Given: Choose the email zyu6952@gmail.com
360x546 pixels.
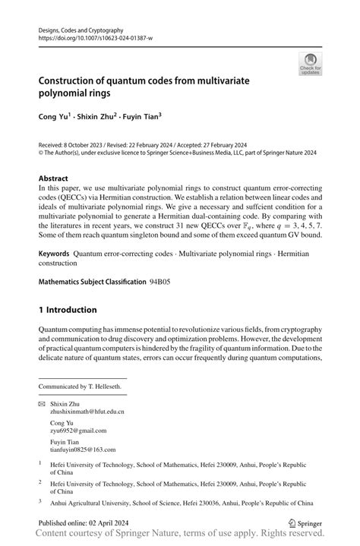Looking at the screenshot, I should point(78,430).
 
